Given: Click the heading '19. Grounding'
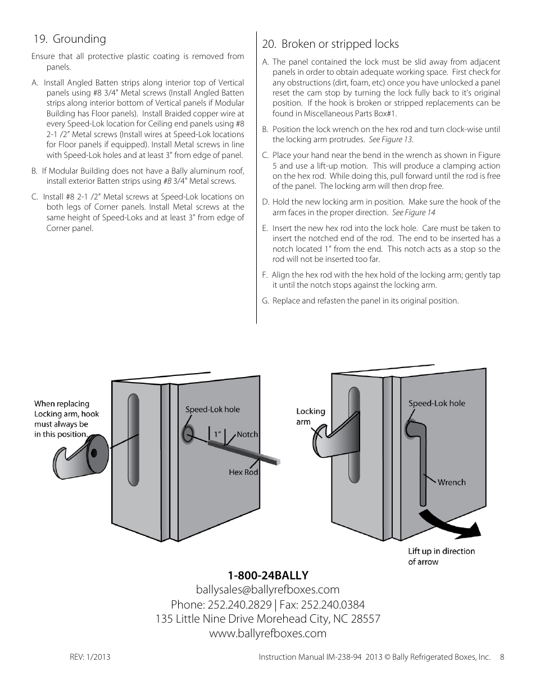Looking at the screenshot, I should (69, 39).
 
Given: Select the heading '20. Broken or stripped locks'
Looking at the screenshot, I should (330, 44).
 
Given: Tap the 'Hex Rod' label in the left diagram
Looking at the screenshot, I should (243, 472).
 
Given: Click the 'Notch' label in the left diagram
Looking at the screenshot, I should (247, 434).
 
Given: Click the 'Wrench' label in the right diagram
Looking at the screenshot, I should (451, 482).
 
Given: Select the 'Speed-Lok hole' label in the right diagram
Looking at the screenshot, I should (437, 403).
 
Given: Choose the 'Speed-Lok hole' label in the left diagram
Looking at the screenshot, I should (212, 409).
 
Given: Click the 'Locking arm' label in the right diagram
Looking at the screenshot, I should (310, 416).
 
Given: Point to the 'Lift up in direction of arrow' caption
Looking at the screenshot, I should (441, 556).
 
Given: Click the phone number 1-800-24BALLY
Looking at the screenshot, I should (268, 575).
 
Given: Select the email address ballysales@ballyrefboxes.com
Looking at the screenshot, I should (268, 589).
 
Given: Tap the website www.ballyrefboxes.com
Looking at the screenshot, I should (268, 633).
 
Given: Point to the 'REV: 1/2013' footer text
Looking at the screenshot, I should (89, 657).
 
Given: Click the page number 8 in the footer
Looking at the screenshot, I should (502, 657).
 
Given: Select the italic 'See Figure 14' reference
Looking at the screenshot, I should (414, 212).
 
